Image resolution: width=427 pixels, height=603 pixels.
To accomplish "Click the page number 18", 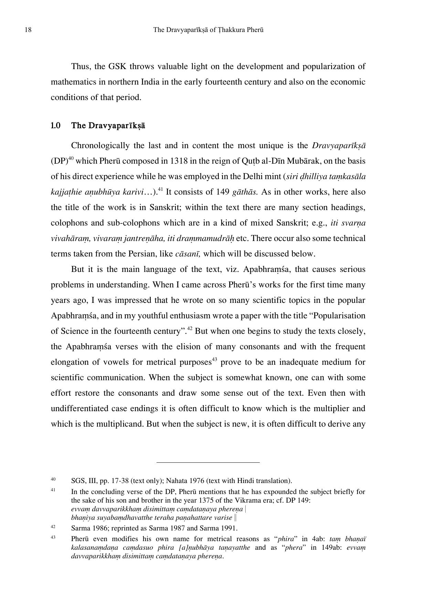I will (28, 30).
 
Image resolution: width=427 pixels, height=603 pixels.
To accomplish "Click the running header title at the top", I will (209, 30).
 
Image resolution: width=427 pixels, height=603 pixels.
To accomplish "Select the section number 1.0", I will (56, 126).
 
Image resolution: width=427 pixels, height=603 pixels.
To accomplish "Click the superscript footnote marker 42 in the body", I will (189, 329).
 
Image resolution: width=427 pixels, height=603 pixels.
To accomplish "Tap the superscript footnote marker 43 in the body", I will (214, 360).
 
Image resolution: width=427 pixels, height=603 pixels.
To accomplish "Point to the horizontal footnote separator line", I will (208, 462).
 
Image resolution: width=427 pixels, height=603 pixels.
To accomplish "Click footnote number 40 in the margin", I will (53, 479).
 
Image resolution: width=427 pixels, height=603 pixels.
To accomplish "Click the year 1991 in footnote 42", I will (229, 528).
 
